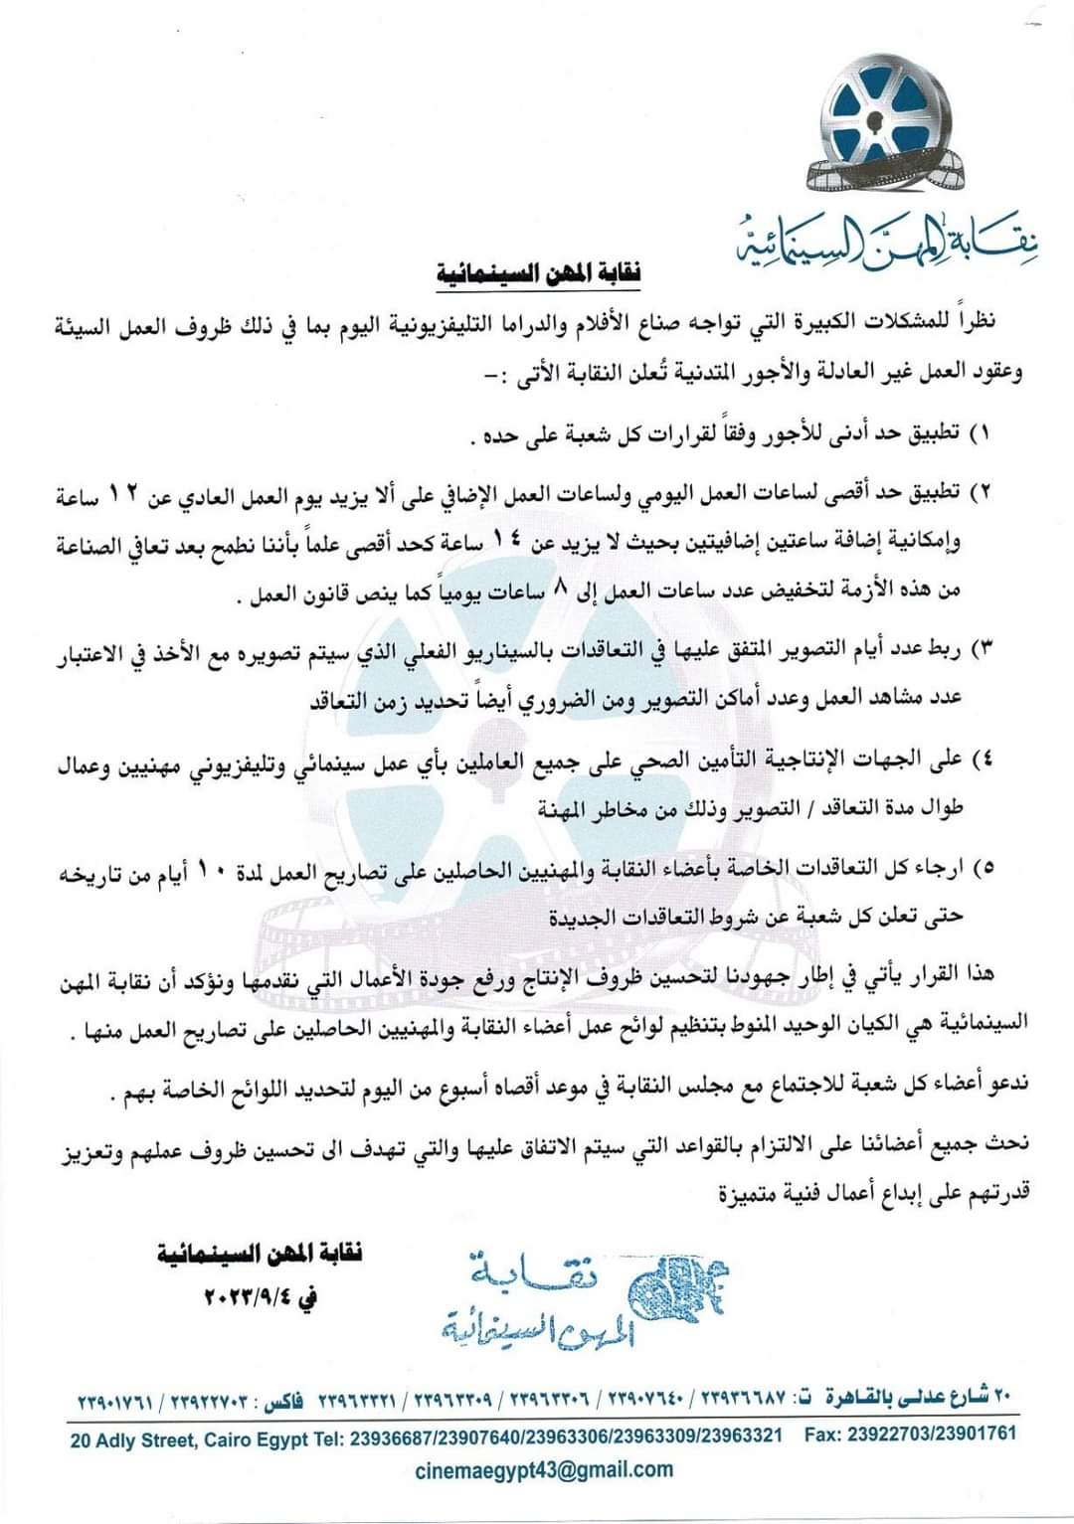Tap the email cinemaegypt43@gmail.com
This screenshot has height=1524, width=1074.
pos(543,1469)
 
